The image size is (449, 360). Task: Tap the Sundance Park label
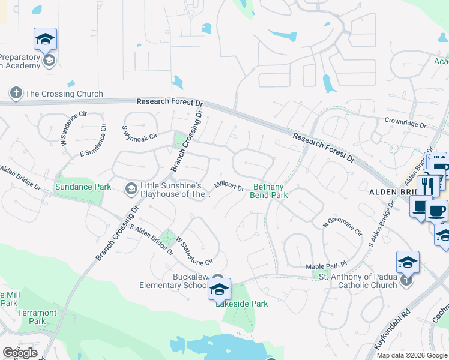[x=83, y=187]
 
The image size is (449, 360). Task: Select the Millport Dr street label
[x=229, y=187]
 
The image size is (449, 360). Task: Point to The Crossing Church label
[x=64, y=94]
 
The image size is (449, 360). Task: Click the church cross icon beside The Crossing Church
[x=16, y=93]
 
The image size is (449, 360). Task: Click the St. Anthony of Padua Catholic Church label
[x=357, y=280]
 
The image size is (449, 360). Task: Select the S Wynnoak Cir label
[x=139, y=131]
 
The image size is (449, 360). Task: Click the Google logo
[x=20, y=353]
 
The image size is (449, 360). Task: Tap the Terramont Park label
[x=37, y=317]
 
